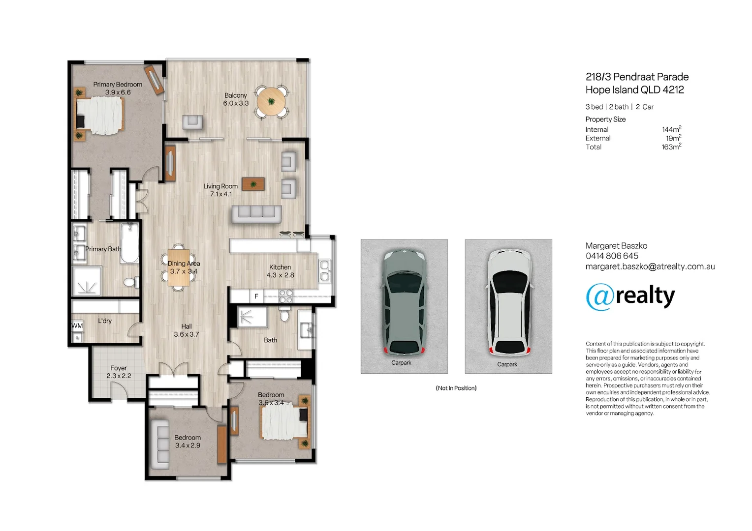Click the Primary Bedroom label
[x=118, y=85]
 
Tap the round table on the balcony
[x=271, y=101]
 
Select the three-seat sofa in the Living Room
[x=256, y=214]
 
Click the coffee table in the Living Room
[x=253, y=184]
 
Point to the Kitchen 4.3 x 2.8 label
[x=280, y=271]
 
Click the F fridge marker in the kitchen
[x=256, y=296]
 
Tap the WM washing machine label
[x=77, y=325]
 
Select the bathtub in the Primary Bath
[x=129, y=242]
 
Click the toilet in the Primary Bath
[x=131, y=282]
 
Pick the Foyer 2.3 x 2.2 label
[x=119, y=372]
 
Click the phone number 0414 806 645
[x=612, y=256]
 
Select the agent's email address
[x=650, y=266]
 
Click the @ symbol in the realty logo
[x=600, y=297]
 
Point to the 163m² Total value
[x=671, y=147]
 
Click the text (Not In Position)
[x=456, y=388]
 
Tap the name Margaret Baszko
[x=616, y=246]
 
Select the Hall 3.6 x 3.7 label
[x=187, y=330]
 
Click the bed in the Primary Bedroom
[x=99, y=115]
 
